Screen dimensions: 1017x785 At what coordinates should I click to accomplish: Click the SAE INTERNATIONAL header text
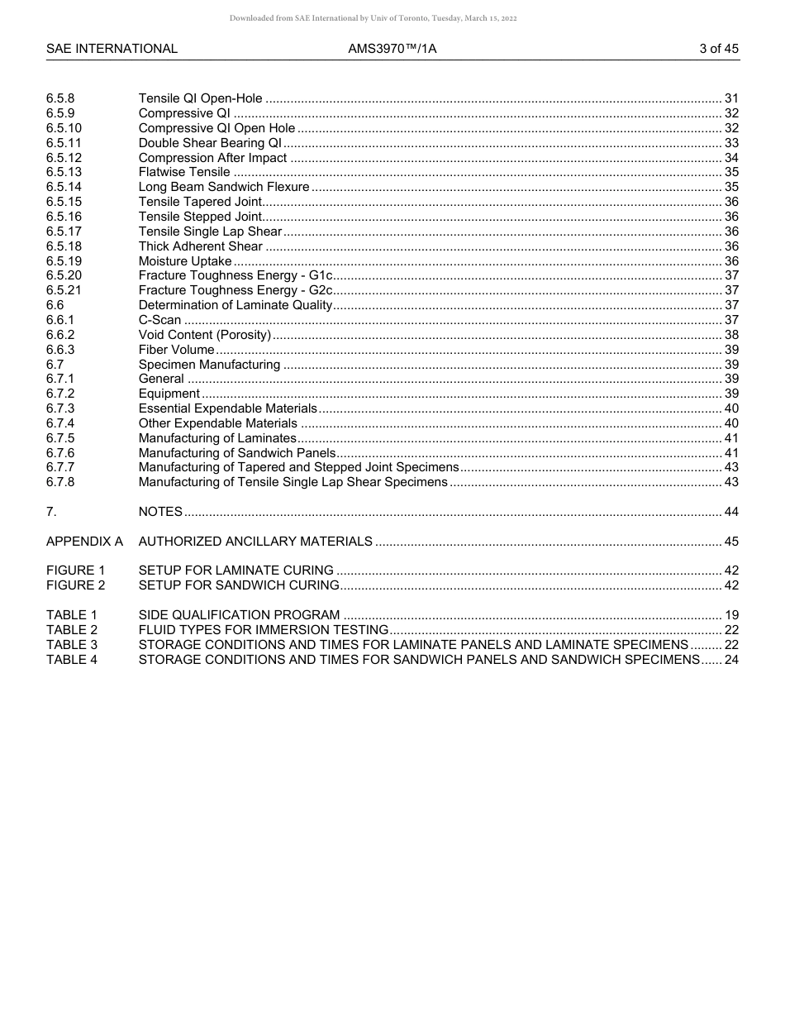[x=112, y=49]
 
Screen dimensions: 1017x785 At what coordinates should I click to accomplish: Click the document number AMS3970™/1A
[x=392, y=49]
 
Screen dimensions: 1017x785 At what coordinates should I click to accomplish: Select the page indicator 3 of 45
[x=718, y=49]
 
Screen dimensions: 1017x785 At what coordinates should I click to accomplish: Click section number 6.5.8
[x=60, y=98]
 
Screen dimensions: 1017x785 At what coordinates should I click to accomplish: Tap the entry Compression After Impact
[x=212, y=158]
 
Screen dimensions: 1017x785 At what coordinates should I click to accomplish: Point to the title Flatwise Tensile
[x=184, y=172]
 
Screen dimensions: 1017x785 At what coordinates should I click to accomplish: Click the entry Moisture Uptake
[x=185, y=261]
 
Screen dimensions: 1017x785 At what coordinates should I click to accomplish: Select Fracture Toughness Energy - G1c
[x=235, y=275]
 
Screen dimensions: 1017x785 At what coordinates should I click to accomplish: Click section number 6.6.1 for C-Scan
[x=60, y=320]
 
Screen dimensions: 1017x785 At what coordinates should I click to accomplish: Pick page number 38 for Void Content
[x=731, y=335]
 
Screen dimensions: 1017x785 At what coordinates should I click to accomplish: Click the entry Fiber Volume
[x=176, y=350]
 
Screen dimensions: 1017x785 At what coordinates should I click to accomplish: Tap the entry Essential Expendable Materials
[x=227, y=408]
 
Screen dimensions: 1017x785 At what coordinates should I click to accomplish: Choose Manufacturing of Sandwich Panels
[x=237, y=453]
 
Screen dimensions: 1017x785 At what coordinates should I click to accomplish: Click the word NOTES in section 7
[x=160, y=512]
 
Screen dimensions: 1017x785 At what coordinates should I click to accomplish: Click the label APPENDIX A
[x=84, y=542]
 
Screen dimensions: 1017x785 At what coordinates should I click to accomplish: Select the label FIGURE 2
[x=76, y=585]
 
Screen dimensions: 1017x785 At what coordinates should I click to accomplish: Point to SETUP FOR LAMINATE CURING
[x=235, y=571]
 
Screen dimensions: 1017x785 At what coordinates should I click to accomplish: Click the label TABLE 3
[x=72, y=645]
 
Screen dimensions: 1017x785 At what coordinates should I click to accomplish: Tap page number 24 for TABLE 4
[x=731, y=660]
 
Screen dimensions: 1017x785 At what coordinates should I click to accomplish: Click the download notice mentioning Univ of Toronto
[x=373, y=18]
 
